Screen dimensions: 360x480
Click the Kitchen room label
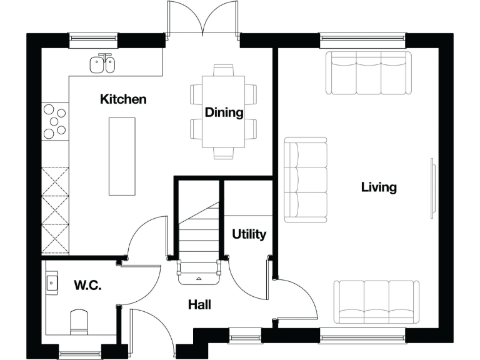123,99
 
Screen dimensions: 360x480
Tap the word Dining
224,112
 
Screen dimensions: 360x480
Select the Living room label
379,187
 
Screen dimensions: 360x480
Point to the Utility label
249,234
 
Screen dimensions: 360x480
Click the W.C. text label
88,286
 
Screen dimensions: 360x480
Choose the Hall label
199,305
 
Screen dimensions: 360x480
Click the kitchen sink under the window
102,64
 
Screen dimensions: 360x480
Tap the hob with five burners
54,121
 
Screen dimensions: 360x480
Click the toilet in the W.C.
79,321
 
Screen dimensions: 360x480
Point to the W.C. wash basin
52,283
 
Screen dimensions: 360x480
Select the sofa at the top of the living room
369,72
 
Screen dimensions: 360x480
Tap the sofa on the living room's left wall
306,180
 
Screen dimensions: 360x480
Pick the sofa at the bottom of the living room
376,302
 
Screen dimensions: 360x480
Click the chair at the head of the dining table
224,69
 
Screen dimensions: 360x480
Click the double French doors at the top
202,19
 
